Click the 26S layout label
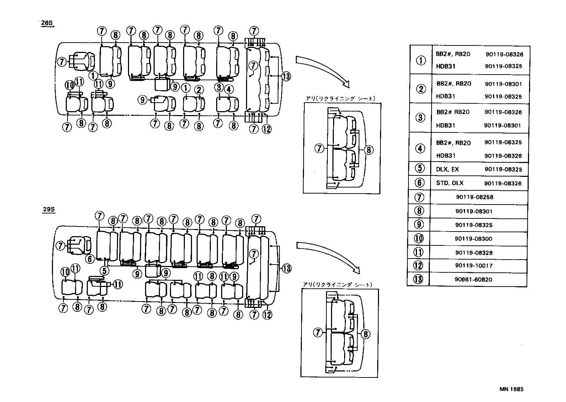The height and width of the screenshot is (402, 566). click(47, 23)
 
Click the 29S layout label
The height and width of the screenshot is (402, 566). click(48, 209)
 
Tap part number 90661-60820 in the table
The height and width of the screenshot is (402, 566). click(473, 279)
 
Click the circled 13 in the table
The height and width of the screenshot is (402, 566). click(418, 279)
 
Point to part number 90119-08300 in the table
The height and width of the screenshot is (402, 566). click(473, 239)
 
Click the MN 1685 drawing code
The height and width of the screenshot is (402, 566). click(511, 389)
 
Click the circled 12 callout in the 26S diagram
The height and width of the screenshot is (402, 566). click(267, 129)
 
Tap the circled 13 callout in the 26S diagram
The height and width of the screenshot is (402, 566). click(286, 76)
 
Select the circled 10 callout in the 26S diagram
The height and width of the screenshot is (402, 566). click(70, 85)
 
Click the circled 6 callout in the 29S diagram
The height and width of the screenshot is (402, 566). click(90, 259)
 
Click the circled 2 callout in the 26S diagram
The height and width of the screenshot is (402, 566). click(199, 90)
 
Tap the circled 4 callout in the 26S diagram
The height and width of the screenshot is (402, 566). click(229, 89)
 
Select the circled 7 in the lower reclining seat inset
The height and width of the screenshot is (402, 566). click(318, 333)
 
